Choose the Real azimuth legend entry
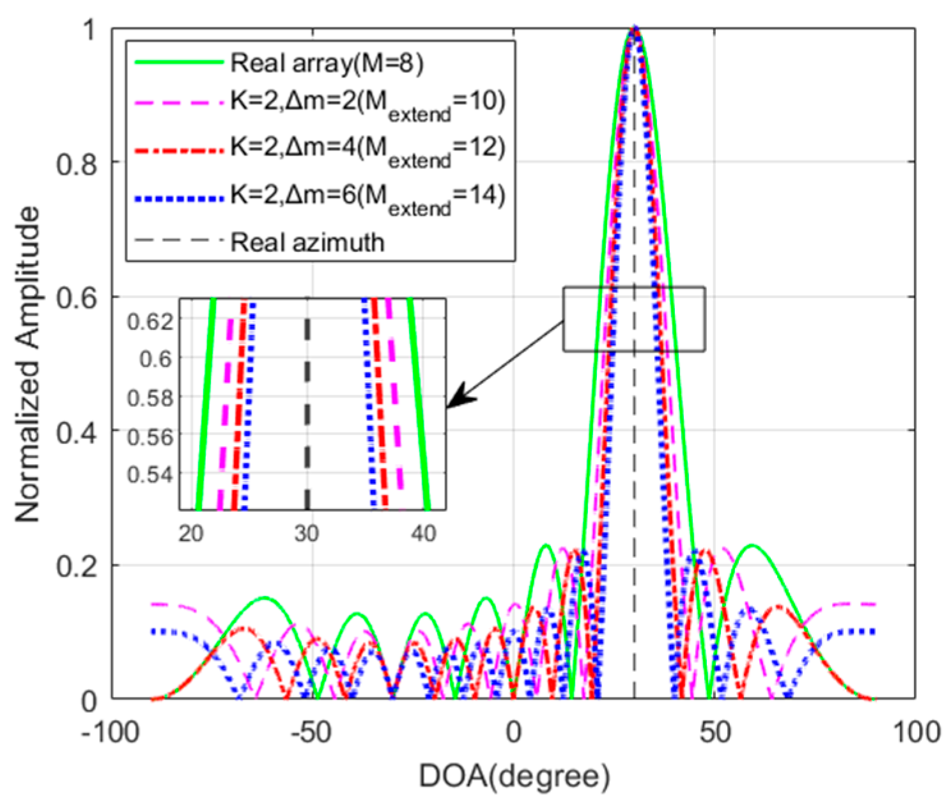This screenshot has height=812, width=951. tap(307, 242)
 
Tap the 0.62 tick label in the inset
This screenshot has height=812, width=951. tap(150, 321)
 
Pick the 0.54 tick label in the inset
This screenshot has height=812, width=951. tap(150, 475)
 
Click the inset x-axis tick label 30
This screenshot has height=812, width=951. tap(307, 532)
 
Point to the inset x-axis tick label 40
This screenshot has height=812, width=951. tap(422, 532)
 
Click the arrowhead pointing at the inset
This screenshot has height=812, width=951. tap(456, 400)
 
